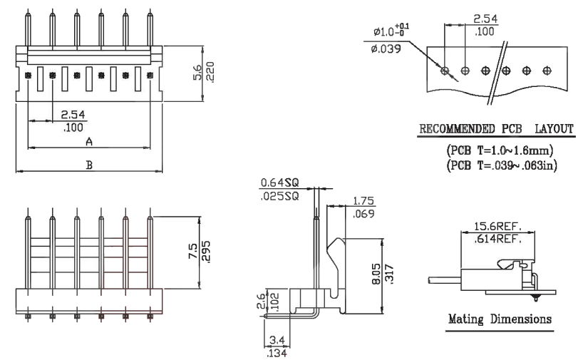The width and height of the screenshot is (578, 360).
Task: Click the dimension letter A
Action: click(88, 142)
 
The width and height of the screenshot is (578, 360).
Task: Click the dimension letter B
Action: click(89, 165)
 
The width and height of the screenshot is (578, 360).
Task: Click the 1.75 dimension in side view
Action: click(361, 201)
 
